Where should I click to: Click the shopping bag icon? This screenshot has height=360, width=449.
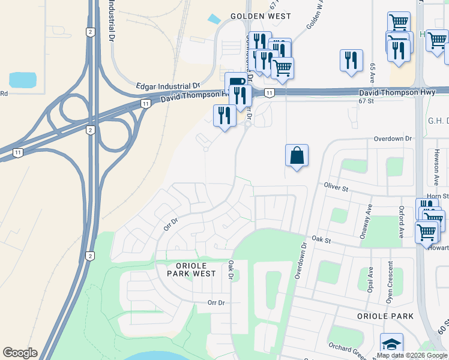pyautogui.click(x=297, y=155)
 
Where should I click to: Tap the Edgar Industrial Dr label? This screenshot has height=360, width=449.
pyautogui.click(x=168, y=86)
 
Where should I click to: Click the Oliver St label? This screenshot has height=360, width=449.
pyautogui.click(x=336, y=188)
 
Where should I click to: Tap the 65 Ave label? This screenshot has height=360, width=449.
pyautogui.click(x=373, y=73)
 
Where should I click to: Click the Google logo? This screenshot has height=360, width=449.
pyautogui.click(x=20, y=353)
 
